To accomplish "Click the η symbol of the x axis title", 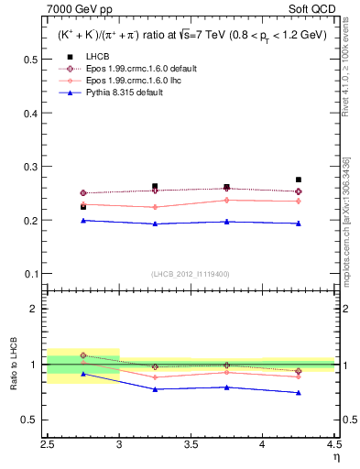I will click(335, 455).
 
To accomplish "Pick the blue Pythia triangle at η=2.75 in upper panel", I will click(83, 220).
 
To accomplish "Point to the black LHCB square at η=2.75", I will click(83, 207).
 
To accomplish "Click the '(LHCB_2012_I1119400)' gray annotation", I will click(191, 274).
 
